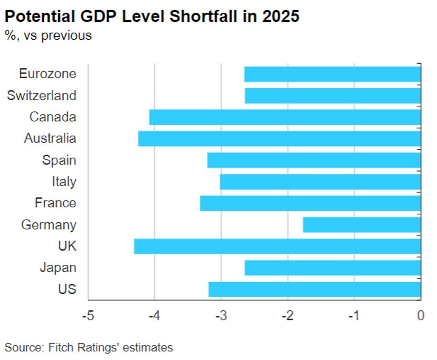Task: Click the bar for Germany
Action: tap(361, 225)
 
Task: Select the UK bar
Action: tap(277, 247)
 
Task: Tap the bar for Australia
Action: tap(279, 139)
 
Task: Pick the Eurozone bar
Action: tap(332, 74)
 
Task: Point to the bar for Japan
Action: tap(332, 268)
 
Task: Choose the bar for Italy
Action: tap(320, 182)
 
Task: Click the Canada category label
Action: tap(52, 117)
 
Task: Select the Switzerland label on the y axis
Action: tap(41, 96)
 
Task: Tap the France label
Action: tap(55, 203)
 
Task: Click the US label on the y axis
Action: tap(67, 290)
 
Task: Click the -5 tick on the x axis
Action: tap(87, 315)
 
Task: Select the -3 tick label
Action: tap(221, 315)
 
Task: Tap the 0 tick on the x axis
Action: tap(421, 315)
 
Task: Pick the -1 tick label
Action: tap(354, 315)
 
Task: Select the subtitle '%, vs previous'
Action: tap(47, 36)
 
